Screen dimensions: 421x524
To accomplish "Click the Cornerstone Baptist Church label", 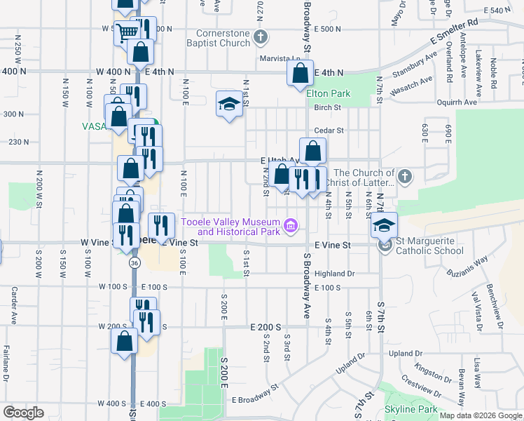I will tap(223, 38).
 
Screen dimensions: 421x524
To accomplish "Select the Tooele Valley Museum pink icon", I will tap(291, 226).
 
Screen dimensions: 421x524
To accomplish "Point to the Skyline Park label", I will tap(411, 409).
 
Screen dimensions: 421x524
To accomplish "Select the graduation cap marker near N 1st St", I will tap(228, 104).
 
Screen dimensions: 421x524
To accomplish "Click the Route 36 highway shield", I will tap(135, 262).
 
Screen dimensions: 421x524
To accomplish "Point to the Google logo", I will tap(23, 413).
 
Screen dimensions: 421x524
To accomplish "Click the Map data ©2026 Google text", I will tap(481, 415).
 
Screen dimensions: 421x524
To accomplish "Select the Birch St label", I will tap(327, 107).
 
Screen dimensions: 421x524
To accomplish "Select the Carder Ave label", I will tap(13, 306).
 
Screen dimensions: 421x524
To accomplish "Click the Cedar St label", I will tap(329, 130).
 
